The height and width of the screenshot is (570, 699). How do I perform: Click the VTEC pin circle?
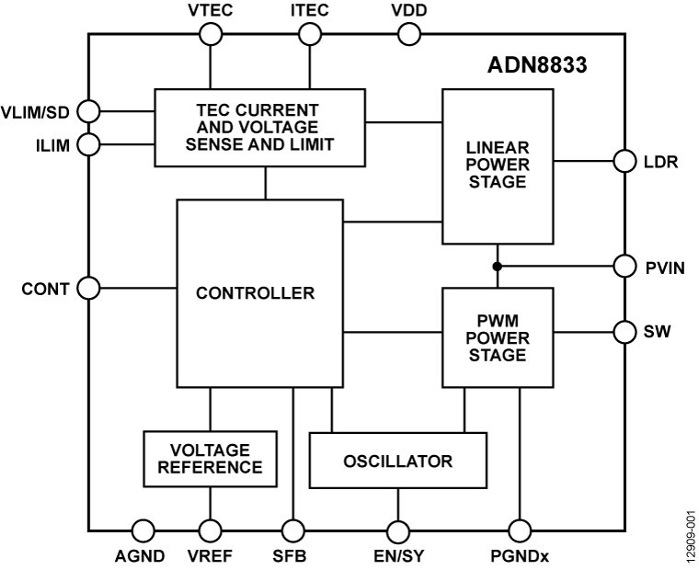211,35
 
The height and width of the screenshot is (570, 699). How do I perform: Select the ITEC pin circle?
310,35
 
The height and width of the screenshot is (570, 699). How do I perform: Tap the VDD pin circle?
408,35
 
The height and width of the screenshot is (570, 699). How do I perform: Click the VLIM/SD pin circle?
88,111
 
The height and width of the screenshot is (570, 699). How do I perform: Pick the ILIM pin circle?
88,142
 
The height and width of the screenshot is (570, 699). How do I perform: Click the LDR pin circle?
625,162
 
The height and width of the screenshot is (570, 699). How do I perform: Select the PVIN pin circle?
625,267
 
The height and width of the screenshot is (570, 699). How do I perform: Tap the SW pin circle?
625,331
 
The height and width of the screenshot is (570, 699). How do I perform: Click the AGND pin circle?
142,530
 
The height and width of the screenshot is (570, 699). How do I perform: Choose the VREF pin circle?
211,530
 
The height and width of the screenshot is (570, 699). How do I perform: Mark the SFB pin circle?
292,530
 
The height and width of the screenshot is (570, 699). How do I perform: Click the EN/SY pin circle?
397,530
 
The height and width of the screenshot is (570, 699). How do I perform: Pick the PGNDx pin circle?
520,530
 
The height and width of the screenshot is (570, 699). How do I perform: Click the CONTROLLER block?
255,294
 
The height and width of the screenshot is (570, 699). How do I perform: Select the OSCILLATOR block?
396,461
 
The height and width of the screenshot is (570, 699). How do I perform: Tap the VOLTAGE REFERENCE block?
210,458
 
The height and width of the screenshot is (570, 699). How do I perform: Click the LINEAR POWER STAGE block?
497,166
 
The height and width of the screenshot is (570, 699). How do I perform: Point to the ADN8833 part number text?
537,67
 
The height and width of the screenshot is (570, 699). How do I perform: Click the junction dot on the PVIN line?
498,267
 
